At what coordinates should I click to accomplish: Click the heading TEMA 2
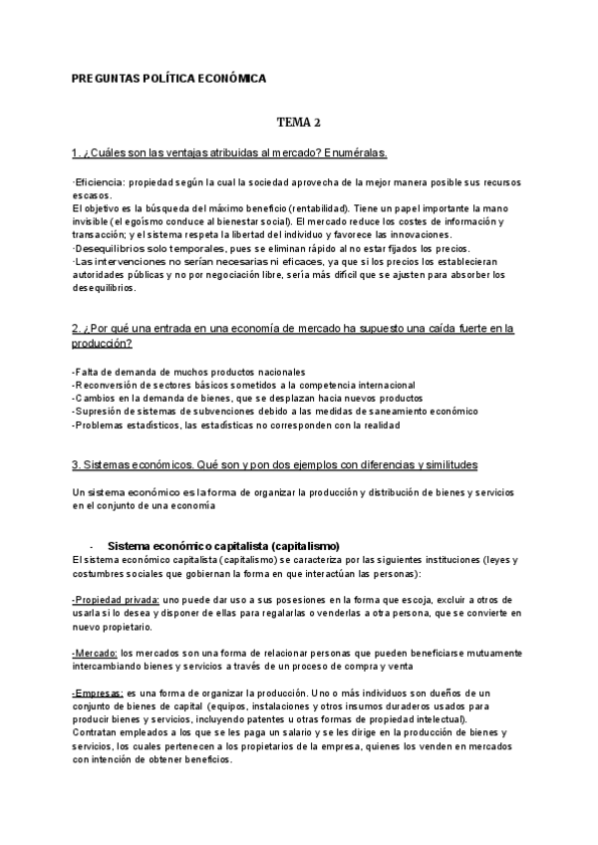click(299, 123)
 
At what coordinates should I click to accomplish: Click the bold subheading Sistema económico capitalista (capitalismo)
click(223, 545)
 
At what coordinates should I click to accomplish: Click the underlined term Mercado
click(95, 652)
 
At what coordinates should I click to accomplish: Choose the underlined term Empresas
click(98, 692)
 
